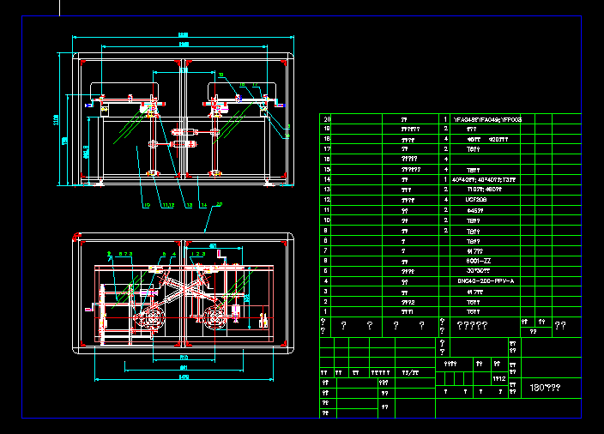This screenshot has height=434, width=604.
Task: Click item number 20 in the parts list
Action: (x=326, y=119)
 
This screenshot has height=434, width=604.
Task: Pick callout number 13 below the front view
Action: (x=189, y=205)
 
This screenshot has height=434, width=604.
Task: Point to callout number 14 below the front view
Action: (x=203, y=205)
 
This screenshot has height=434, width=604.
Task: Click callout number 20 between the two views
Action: (x=219, y=204)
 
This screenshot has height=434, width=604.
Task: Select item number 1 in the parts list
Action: (x=326, y=310)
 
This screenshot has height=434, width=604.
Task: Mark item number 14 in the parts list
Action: (x=326, y=179)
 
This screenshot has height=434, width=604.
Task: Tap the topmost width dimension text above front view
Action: (x=183, y=35)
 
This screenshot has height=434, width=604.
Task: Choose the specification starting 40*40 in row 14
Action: (x=484, y=179)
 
